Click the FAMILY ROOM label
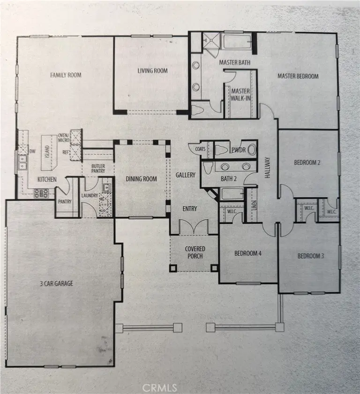coord(66,75)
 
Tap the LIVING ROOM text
coord(153,71)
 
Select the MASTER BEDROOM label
coord(298,76)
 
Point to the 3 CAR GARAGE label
coord(57,283)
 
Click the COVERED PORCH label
coord(195,252)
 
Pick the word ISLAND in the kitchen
coord(47,152)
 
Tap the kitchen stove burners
coord(41,193)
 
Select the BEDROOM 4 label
coord(248,253)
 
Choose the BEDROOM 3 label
coord(310,256)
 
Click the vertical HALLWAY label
coord(267,167)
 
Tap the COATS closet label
coord(200,149)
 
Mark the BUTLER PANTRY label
coord(98,168)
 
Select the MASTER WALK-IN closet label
coord(240,94)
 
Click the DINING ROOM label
coord(141,179)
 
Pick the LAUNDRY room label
coord(90,196)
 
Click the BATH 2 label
coord(228,179)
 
